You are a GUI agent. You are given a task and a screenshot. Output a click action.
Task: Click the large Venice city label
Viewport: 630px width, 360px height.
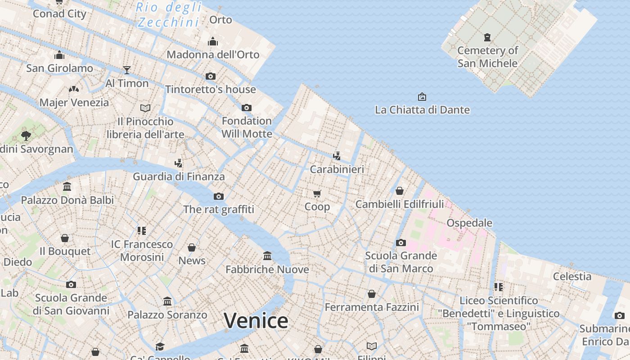click(x=256, y=321)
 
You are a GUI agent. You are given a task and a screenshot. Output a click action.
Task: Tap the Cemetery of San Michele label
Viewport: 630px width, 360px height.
click(x=488, y=57)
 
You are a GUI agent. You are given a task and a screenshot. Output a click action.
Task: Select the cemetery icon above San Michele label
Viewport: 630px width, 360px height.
click(x=487, y=37)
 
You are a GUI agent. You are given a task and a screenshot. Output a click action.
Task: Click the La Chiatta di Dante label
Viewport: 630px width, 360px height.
click(x=422, y=110)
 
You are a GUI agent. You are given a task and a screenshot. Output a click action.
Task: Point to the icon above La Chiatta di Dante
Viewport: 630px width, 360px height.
click(x=422, y=97)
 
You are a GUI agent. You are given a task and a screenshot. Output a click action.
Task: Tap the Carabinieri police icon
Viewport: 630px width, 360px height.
click(x=337, y=156)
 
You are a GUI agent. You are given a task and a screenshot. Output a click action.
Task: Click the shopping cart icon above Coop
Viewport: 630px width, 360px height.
click(x=317, y=193)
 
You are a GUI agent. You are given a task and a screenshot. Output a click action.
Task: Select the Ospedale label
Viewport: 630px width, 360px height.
click(x=469, y=223)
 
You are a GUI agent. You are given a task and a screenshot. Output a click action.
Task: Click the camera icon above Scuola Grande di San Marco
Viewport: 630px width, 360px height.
click(x=400, y=243)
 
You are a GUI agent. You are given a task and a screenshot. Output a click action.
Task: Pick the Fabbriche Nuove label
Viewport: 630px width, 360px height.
click(x=267, y=270)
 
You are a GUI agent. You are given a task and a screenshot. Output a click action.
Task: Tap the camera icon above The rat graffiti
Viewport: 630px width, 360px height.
click(x=219, y=196)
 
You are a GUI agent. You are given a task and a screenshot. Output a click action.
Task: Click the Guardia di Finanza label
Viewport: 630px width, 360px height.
click(x=179, y=176)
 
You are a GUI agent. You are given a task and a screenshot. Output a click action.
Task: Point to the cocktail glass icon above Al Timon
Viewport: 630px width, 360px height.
click(x=127, y=70)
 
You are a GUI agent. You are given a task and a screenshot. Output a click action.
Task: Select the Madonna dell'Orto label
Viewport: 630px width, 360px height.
click(x=213, y=54)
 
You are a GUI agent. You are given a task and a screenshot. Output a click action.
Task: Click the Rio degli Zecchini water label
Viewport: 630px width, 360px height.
click(x=169, y=14)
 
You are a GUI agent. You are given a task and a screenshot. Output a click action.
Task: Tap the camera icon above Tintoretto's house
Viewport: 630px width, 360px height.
click(x=211, y=76)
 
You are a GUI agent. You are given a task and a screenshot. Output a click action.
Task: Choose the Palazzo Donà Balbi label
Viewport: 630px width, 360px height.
click(x=67, y=200)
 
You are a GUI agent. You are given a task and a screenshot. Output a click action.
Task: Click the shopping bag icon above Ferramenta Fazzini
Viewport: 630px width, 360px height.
click(x=372, y=294)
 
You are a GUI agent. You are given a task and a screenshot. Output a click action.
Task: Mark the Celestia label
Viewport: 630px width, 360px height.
click(x=572, y=276)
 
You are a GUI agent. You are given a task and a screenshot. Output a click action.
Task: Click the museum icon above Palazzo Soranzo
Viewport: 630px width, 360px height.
click(x=167, y=301)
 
